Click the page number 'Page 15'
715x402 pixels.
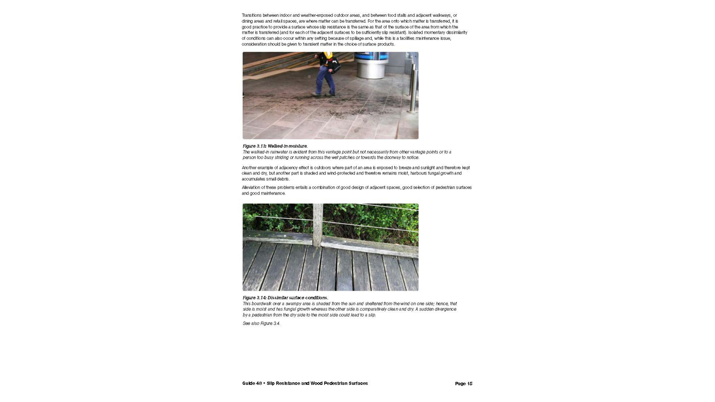tap(463, 383)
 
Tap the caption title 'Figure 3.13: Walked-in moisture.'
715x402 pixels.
tap(275, 146)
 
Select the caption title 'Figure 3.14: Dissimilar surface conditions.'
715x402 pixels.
tap(285, 297)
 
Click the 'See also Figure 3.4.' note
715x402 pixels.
tap(261, 323)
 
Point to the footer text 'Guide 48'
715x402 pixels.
tap(252, 383)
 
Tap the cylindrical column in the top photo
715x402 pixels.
tap(371, 65)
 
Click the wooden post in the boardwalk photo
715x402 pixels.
tap(318, 225)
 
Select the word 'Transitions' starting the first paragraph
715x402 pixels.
tap(252, 15)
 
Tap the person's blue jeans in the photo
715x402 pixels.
tap(325, 80)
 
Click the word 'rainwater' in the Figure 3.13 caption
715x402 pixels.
tap(279, 152)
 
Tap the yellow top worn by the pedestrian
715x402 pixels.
tap(327, 56)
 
